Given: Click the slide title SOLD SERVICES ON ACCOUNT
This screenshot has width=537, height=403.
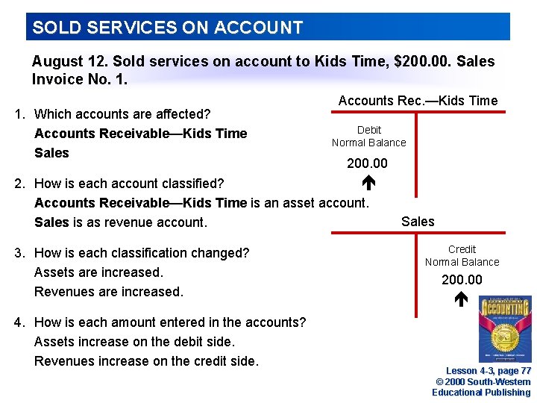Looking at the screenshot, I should coord(168,28).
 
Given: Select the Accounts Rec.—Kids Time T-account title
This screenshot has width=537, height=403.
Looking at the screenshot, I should coord(418,101).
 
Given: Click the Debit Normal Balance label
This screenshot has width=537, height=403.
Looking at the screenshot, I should coord(369,137).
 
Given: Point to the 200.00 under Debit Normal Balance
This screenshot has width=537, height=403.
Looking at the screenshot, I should coord(367,163).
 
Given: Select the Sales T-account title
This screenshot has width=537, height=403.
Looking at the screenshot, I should coord(418,221).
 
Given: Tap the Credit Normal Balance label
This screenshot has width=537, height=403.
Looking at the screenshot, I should coord(462,255).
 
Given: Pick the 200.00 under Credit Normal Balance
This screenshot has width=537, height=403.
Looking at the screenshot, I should coord(462,280).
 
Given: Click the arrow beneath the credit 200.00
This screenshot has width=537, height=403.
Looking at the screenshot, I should coord(461,300).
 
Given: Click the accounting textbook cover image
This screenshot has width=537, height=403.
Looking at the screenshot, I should coord(505,328).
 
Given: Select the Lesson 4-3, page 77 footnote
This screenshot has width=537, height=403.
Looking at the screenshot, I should coord(489,371).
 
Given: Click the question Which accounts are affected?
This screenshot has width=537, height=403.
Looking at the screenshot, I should coord(122,114).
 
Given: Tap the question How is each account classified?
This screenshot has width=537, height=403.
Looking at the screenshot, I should coord(129,183).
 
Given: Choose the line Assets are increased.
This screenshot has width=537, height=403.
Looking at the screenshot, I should coord(98,272).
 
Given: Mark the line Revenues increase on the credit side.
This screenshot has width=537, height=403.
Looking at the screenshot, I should coord(146,361).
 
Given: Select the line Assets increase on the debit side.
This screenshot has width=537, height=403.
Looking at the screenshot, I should coord(134,342).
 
